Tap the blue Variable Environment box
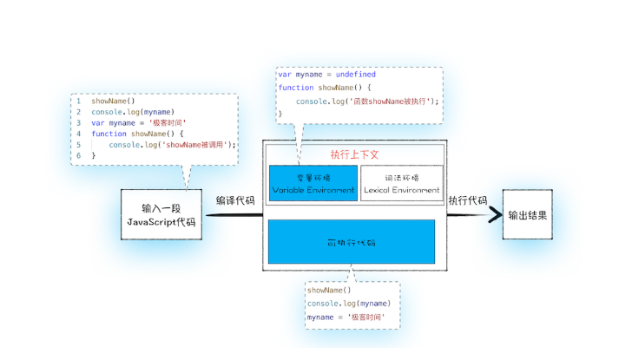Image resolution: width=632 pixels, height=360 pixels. point(313,183)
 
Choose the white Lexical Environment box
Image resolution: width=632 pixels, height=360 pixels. point(401,183)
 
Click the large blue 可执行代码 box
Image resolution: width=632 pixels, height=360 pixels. point(351,241)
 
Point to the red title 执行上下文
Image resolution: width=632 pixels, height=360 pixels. point(354,154)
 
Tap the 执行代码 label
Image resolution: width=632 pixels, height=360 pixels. point(467,200)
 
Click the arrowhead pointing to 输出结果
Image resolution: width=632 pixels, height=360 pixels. point(496,214)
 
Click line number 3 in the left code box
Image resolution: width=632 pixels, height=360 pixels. point(78,123)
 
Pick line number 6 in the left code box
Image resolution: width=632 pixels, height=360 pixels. point(78,155)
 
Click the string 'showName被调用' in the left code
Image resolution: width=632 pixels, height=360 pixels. point(202,145)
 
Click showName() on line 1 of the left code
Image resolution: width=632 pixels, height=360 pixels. point(113,101)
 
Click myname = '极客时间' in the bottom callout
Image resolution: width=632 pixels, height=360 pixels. point(345,317)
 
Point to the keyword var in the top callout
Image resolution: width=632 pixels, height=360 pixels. point(284,75)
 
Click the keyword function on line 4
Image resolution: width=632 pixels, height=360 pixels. point(109,134)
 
